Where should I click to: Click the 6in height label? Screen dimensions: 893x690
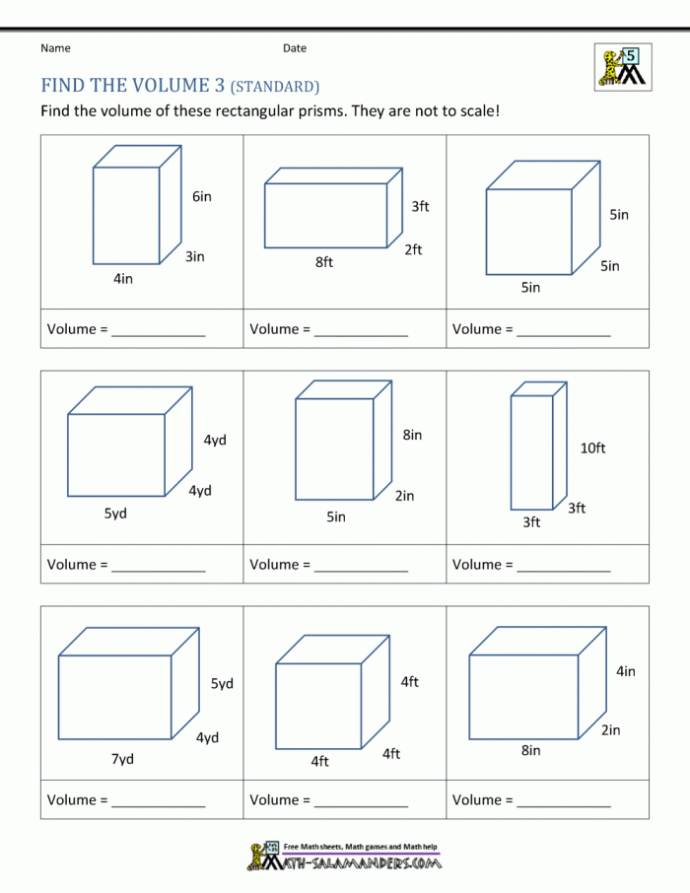coord(202,196)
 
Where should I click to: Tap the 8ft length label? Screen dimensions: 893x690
coord(324,262)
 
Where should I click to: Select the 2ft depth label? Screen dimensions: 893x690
coord(413,249)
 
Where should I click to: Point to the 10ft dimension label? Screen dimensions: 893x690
coord(592,447)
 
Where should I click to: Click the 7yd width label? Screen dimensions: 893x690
coord(122,759)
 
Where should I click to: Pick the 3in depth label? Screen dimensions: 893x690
coord(195,256)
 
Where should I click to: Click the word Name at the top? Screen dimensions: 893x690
coord(55,47)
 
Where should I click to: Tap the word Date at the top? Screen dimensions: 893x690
coord(295,47)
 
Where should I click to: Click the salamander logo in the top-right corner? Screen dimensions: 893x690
coord(622,67)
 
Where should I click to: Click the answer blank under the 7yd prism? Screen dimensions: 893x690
coord(159,802)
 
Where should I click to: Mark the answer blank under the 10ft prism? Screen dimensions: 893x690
coord(564,567)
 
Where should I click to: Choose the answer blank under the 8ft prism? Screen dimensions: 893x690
coord(361,331)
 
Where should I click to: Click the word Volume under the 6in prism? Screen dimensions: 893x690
coord(71,329)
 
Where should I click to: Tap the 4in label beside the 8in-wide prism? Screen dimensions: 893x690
coord(626,671)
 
